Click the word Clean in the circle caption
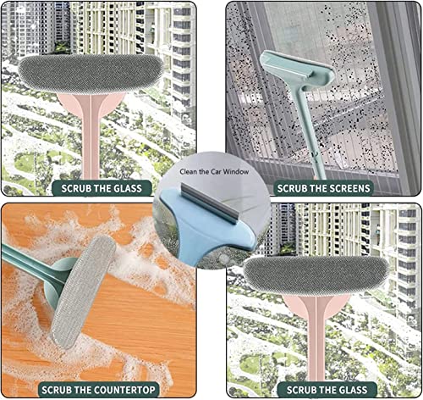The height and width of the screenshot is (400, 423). [188, 172]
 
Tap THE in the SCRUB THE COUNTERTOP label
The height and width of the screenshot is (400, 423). [80, 390]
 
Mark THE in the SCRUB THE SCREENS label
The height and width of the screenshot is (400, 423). [313, 188]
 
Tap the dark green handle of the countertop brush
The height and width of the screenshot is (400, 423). [32, 265]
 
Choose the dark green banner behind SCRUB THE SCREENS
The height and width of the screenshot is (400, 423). [323, 188]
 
